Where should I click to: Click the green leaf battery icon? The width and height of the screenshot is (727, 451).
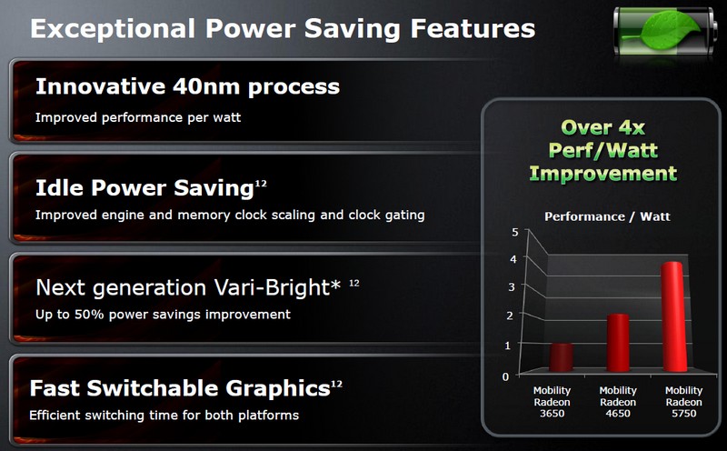click(x=665, y=31)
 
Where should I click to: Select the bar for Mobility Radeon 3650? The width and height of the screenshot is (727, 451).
click(x=561, y=357)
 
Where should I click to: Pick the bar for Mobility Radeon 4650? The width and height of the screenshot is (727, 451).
click(x=618, y=343)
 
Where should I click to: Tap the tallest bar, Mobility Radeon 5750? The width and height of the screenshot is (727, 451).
click(x=673, y=316)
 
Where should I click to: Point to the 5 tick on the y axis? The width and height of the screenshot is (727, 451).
click(x=514, y=232)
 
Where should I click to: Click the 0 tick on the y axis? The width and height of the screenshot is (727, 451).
click(x=505, y=376)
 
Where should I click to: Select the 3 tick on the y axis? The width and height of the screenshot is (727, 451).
click(x=512, y=287)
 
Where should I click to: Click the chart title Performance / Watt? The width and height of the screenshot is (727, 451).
click(x=607, y=216)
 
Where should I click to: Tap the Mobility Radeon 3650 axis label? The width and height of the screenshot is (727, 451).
click(x=552, y=402)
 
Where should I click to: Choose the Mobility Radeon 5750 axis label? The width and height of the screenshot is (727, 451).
click(x=684, y=402)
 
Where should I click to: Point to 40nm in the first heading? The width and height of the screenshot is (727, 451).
click(x=206, y=86)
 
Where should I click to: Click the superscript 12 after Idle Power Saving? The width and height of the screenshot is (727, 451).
click(x=261, y=184)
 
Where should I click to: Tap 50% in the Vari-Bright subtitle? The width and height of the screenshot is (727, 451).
click(x=89, y=315)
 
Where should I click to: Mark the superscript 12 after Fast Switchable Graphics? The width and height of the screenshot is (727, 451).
click(x=336, y=385)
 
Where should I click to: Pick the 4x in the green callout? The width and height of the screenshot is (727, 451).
click(x=631, y=127)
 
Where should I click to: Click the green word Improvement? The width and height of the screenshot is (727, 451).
click(x=603, y=174)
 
